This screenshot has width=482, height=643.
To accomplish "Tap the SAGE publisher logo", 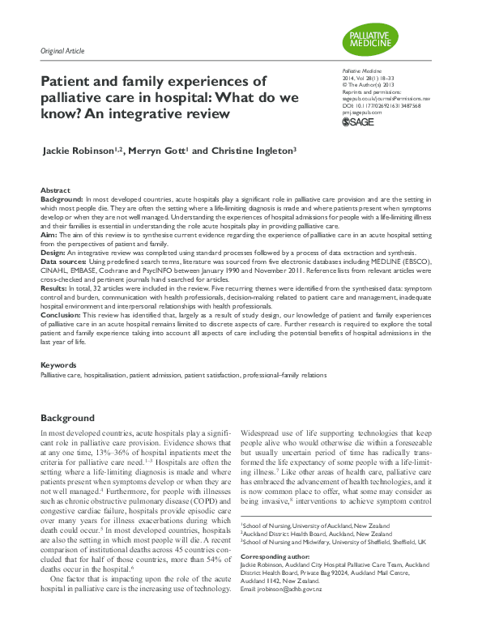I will point(359,121).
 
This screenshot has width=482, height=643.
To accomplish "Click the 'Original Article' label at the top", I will point(64,51).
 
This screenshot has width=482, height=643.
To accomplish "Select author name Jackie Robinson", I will point(90,151).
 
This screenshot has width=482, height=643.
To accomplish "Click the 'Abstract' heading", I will point(54,189).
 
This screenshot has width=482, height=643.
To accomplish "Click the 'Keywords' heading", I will point(58,365).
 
